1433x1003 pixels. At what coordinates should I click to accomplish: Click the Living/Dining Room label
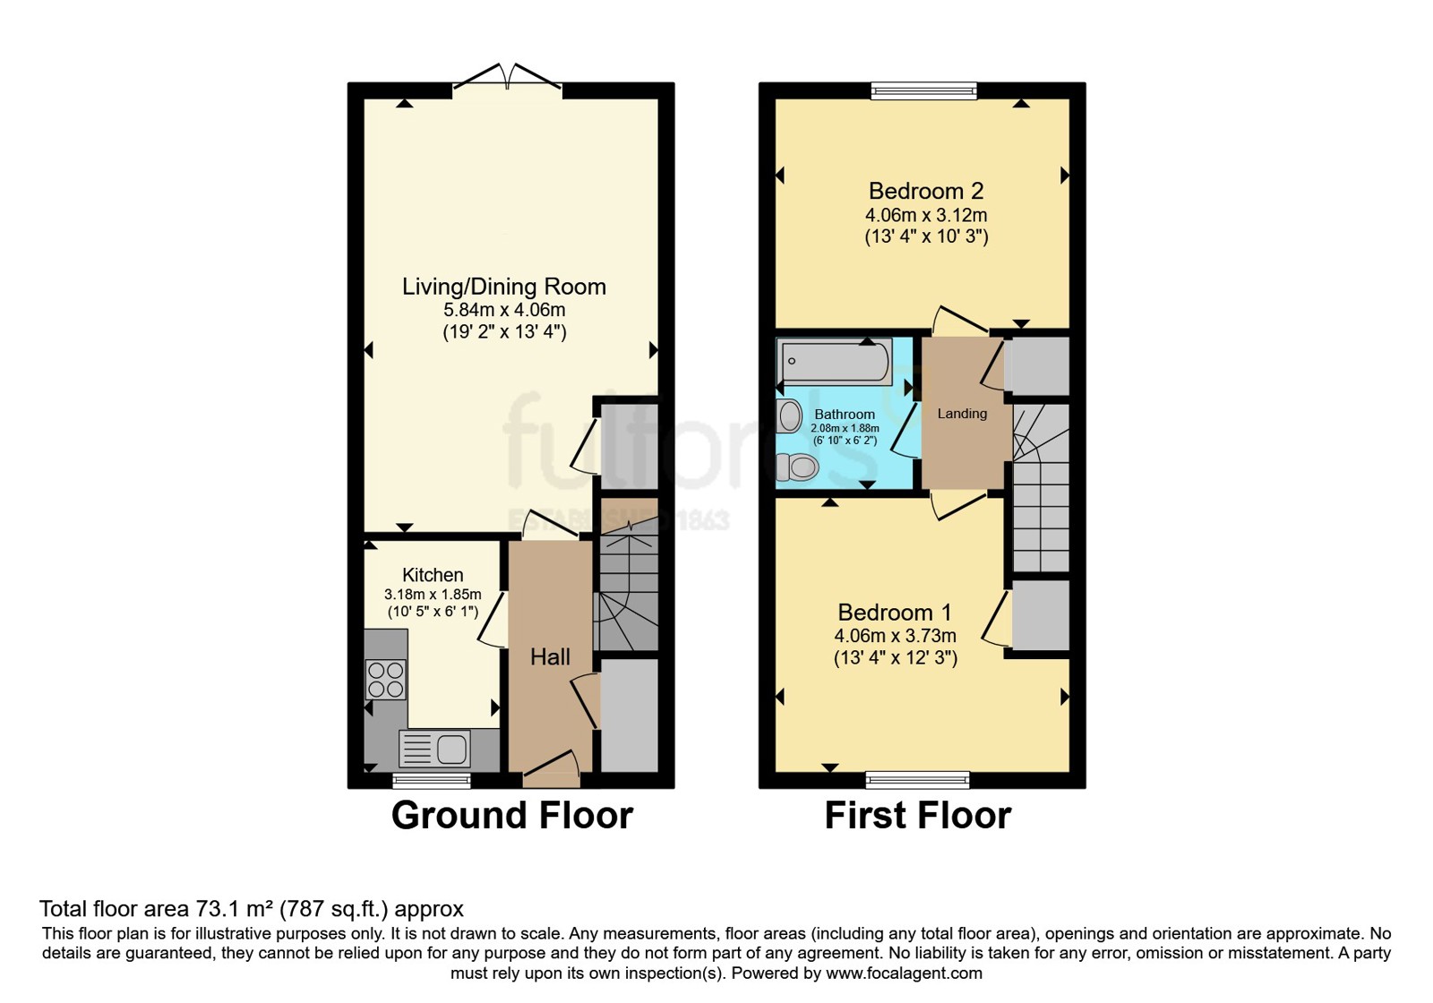(x=504, y=287)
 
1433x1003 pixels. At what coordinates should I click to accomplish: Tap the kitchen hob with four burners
(x=386, y=680)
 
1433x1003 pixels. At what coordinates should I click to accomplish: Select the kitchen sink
(x=434, y=749)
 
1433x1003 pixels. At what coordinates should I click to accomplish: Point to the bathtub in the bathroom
(x=834, y=362)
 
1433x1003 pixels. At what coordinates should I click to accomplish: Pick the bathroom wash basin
(x=789, y=416)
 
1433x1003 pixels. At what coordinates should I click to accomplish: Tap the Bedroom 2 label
(x=926, y=191)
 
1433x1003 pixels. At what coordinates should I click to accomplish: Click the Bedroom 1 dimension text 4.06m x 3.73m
(x=895, y=636)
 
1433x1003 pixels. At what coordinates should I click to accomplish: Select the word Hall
(x=550, y=657)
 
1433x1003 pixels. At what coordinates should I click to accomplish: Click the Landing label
(x=962, y=414)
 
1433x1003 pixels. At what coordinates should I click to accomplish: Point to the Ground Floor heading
(x=511, y=816)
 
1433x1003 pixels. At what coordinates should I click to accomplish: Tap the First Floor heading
(x=918, y=816)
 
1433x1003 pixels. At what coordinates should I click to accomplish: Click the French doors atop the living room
(x=507, y=81)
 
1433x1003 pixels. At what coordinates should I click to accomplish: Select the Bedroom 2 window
(x=924, y=90)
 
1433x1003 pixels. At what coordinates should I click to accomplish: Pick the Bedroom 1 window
(x=917, y=780)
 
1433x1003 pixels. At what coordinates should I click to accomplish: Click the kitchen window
(x=431, y=780)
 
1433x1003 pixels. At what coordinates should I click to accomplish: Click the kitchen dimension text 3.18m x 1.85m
(x=433, y=595)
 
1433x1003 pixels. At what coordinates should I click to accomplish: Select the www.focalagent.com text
(x=904, y=973)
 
